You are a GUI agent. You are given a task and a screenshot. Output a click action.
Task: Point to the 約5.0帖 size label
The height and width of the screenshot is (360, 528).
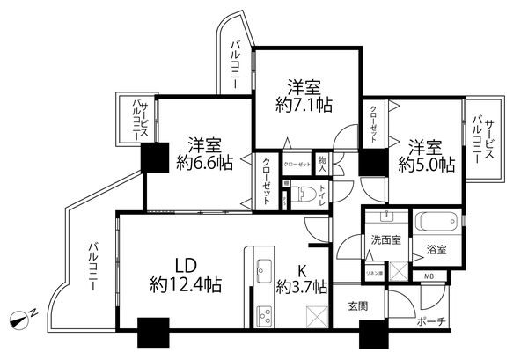[426, 163]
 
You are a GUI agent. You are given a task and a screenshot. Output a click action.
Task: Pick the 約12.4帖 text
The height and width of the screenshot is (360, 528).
[185, 285]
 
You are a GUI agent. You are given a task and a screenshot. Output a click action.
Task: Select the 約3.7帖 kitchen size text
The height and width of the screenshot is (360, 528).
[302, 286]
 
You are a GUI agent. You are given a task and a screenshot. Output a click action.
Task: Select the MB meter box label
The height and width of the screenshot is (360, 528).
[429, 278]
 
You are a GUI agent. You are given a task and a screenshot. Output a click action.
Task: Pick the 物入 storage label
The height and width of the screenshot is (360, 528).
[324, 164]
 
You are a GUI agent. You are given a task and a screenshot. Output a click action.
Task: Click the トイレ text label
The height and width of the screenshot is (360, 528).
[323, 196]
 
